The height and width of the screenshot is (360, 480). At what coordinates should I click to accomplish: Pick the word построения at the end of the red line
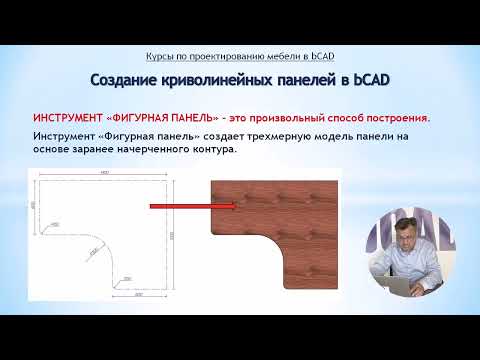(x=393, y=117)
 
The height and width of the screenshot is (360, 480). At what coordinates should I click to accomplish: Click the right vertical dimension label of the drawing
(x=171, y=234)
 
